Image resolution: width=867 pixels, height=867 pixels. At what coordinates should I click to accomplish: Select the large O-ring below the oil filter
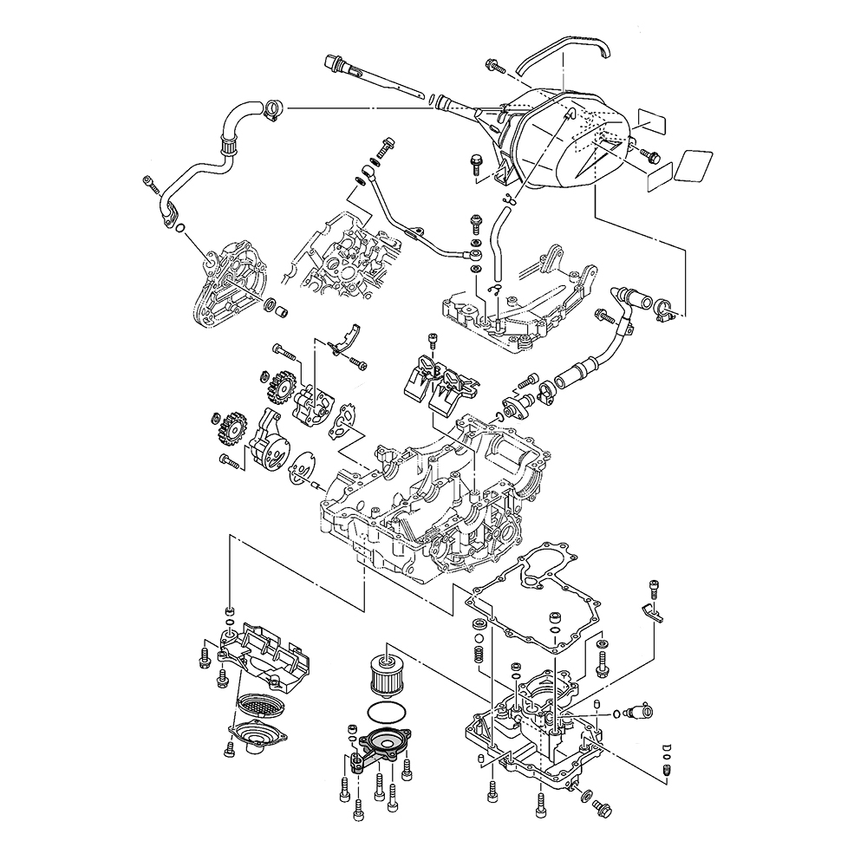coord(383,713)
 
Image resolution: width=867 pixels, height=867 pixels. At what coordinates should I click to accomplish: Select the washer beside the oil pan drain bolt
coord(588,794)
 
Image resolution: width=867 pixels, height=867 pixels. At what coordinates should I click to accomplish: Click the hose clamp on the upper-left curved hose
coord(272,108)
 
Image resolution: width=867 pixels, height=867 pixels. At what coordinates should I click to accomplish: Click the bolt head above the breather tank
coord(494,65)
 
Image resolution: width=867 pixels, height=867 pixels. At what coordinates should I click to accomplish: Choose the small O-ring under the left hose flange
coord(179,229)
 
